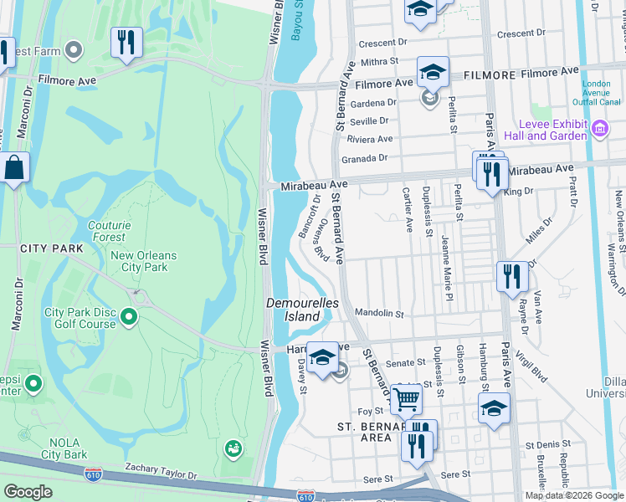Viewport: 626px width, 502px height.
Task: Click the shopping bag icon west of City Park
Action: tap(14, 167)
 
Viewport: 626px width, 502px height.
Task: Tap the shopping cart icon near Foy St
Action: tap(406, 399)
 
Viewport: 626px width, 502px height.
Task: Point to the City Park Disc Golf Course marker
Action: tap(128, 316)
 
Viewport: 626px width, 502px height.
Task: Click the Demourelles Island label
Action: tap(293, 309)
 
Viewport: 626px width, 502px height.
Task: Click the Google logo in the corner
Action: tap(28, 492)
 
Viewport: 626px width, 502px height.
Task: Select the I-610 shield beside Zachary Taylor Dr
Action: tap(94, 475)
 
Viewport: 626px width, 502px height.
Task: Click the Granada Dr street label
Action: tap(365, 158)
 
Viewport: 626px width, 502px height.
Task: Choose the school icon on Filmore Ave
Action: tap(433, 71)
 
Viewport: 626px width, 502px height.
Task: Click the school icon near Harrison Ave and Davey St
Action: tap(322, 357)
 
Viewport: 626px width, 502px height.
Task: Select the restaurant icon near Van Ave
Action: tap(511, 277)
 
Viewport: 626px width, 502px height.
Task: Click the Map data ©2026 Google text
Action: tap(573, 495)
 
